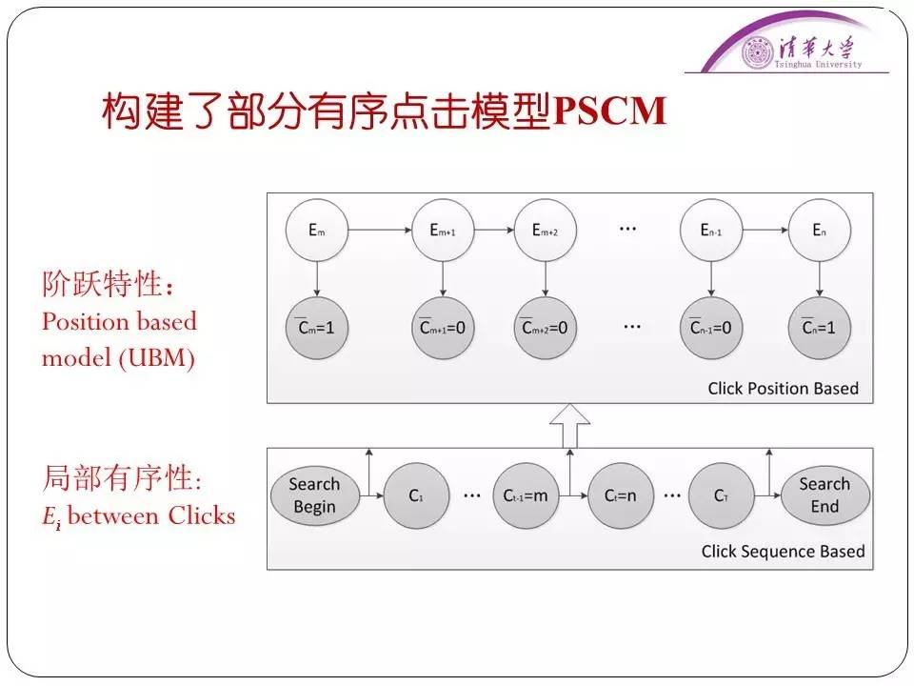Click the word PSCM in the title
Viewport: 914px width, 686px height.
coord(609,111)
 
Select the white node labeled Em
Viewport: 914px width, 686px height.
coord(317,230)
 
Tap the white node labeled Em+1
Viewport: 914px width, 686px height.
coord(443,230)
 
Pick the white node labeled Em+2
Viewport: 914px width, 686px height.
coord(546,230)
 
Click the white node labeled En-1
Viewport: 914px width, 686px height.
coord(711,230)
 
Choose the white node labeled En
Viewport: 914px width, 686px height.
coord(820,230)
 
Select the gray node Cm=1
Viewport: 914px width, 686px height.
coord(317,328)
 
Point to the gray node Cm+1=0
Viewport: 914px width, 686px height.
coord(443,328)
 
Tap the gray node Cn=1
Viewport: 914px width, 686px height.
coord(820,328)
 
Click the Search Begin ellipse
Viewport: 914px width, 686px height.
coord(314,495)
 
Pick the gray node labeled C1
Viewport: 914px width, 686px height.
coord(415,495)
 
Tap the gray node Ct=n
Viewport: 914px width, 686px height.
coord(621,495)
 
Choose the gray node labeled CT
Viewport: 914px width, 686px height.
coord(721,495)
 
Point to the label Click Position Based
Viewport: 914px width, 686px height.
coord(783,388)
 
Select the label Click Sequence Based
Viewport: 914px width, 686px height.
coord(783,551)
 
